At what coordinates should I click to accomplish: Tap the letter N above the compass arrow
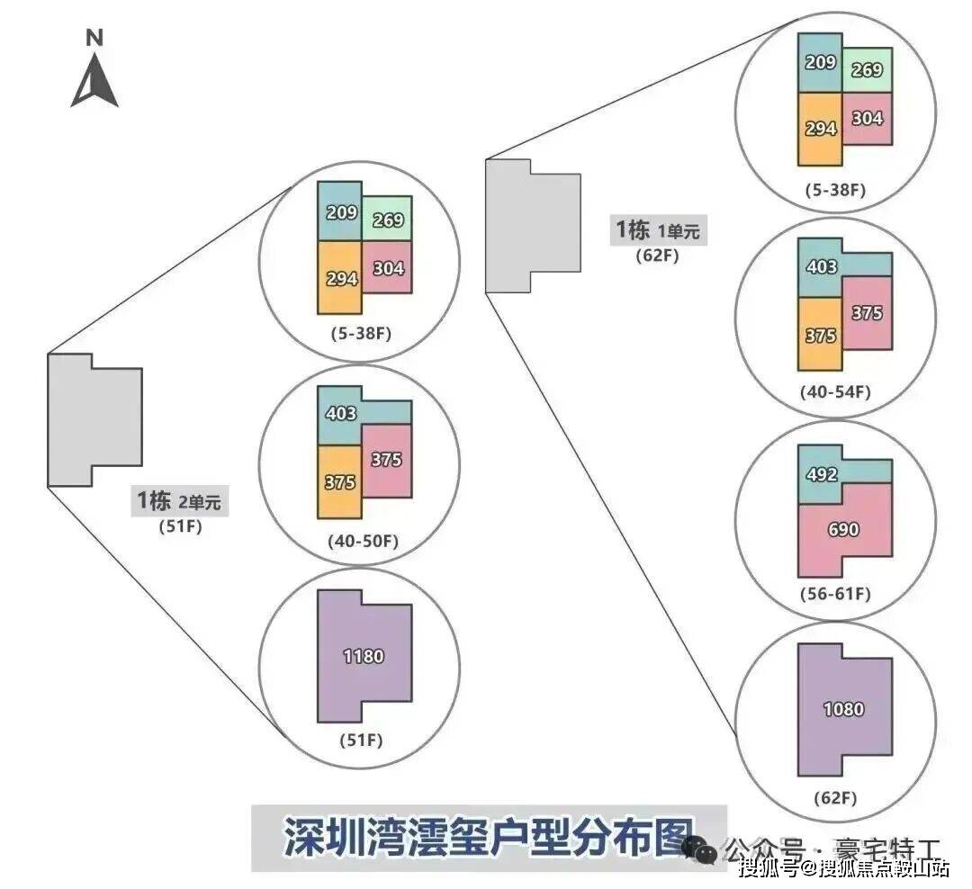[94, 38]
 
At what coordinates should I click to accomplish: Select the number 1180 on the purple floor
[363, 657]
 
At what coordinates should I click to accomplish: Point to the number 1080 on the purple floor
[843, 709]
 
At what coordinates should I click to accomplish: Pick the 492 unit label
[821, 475]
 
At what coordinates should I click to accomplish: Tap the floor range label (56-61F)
[835, 595]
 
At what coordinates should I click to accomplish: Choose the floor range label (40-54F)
[835, 392]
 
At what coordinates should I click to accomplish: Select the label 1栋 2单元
[180, 501]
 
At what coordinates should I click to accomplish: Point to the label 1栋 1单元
[656, 231]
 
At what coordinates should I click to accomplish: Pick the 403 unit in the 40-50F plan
[340, 415]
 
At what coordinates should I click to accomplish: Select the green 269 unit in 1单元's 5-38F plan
[868, 69]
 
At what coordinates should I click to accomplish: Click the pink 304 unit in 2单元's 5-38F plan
[387, 267]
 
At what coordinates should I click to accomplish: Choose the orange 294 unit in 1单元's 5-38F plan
[820, 129]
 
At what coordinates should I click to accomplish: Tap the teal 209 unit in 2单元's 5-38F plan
[340, 213]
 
